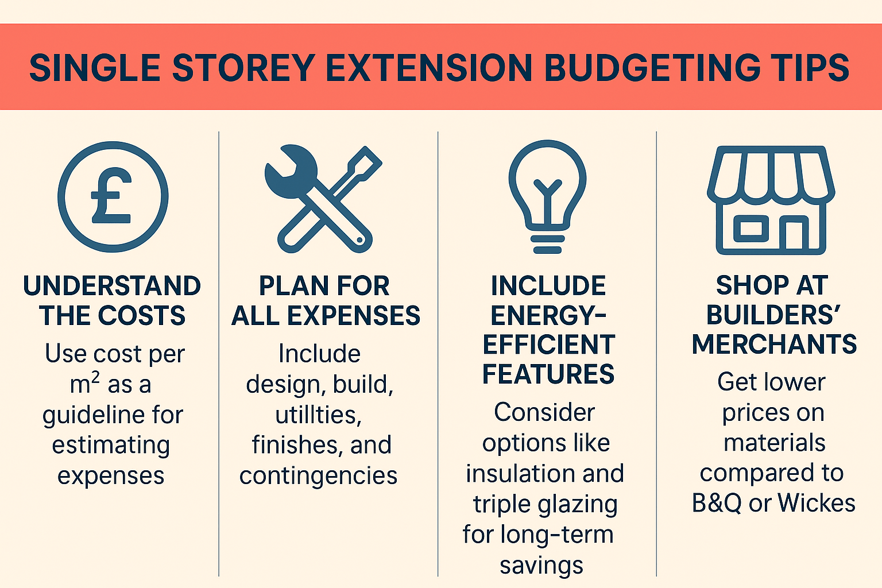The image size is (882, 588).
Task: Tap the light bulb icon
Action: (547, 196)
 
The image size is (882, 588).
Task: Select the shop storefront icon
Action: (771, 200)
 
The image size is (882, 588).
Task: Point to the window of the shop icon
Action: (751, 229)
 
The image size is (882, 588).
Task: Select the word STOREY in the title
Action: (243, 68)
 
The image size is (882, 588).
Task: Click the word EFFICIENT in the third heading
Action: (548, 345)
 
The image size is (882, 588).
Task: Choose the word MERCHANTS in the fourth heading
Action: (774, 344)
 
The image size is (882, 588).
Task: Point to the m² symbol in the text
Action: (84, 383)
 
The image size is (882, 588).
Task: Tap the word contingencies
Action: (319, 477)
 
